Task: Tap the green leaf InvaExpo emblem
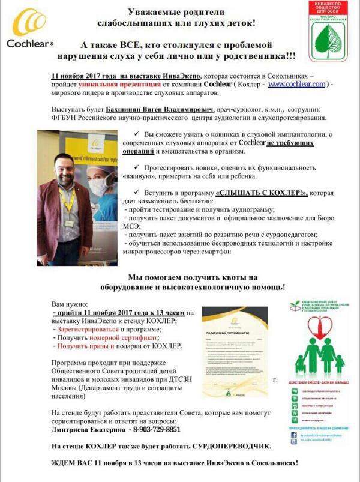coord(331,34)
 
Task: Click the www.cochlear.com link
coord(296,85)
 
